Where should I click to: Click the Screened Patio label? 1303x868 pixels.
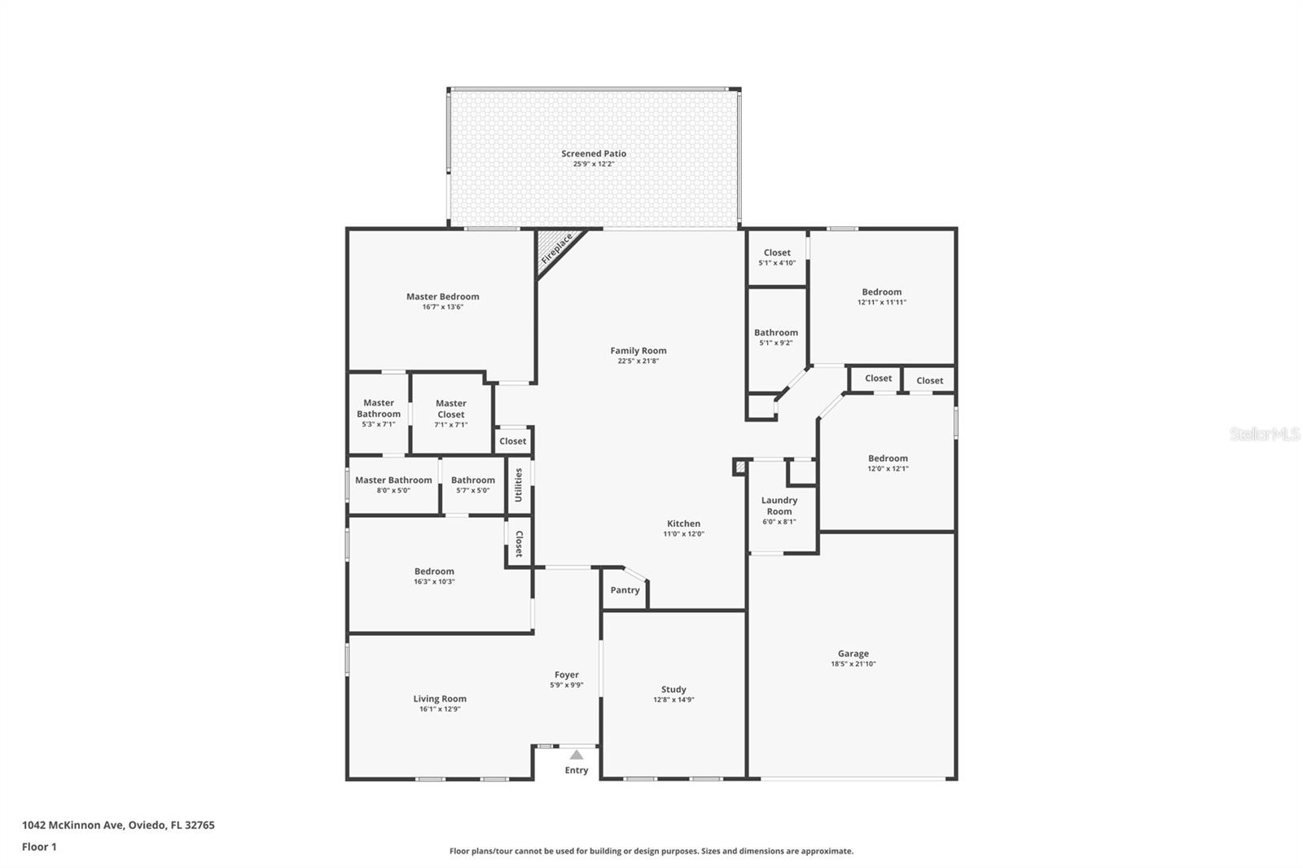(594, 154)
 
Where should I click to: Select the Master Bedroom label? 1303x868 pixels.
(443, 296)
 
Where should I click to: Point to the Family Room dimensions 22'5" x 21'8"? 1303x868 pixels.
(638, 361)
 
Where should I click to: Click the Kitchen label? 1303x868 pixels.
(683, 524)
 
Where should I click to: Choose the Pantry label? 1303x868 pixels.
(625, 590)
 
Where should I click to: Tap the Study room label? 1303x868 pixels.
(673, 690)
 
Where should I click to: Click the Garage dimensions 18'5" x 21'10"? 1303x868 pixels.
(853, 664)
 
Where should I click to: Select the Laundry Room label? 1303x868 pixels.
(779, 506)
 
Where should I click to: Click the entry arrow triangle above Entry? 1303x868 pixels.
(576, 755)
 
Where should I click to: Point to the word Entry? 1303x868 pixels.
(577, 770)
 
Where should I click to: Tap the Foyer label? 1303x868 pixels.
(567, 675)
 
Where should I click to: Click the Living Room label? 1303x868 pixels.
(440, 699)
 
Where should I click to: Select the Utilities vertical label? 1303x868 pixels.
(518, 484)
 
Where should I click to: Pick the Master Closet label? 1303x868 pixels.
(451, 409)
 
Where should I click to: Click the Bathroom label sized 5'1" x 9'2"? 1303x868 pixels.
(776, 333)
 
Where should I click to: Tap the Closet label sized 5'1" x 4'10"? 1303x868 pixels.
(777, 252)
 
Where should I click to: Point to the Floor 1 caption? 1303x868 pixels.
(40, 847)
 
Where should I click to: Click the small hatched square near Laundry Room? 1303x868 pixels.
(740, 467)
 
